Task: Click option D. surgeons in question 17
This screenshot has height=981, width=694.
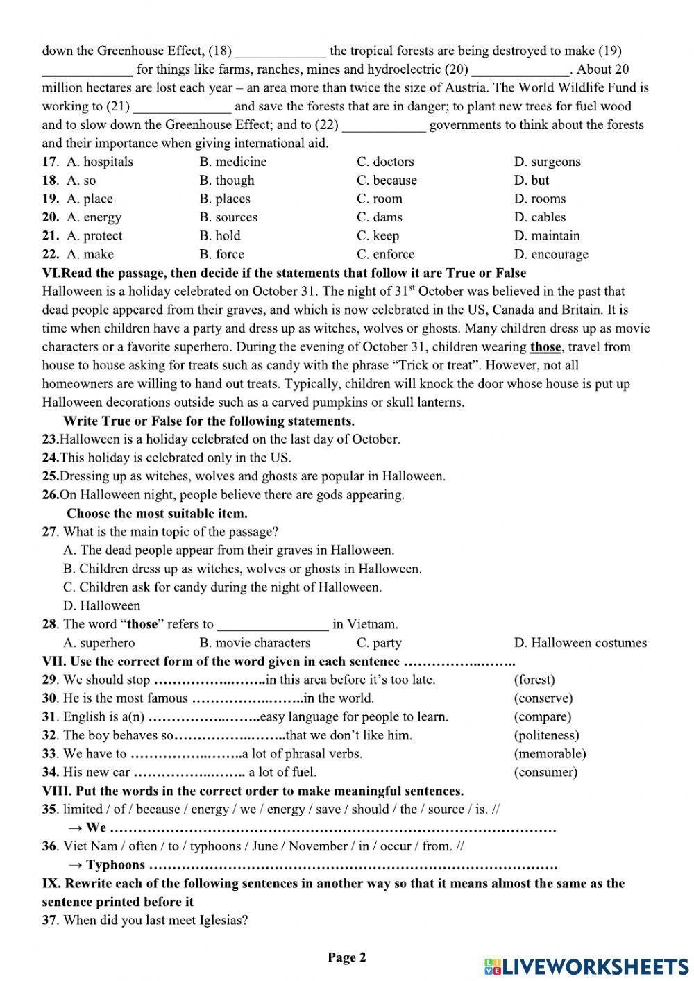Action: point(547,162)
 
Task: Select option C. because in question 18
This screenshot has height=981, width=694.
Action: point(387,181)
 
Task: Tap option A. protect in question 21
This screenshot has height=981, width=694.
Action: point(94,236)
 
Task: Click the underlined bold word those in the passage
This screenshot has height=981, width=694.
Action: point(545,347)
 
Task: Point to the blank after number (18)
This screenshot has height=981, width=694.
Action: point(280,51)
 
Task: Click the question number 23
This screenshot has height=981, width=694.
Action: point(50,439)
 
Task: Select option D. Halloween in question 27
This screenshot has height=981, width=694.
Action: point(101,605)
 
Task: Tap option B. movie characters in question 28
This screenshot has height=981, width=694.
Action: point(255,643)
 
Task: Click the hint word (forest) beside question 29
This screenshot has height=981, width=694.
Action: point(534,680)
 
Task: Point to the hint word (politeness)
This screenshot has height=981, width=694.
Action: point(546,735)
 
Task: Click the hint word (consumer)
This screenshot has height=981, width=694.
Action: point(545,772)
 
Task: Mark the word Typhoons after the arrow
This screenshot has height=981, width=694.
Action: point(116,865)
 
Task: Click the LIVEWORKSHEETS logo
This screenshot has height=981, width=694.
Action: point(586,966)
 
